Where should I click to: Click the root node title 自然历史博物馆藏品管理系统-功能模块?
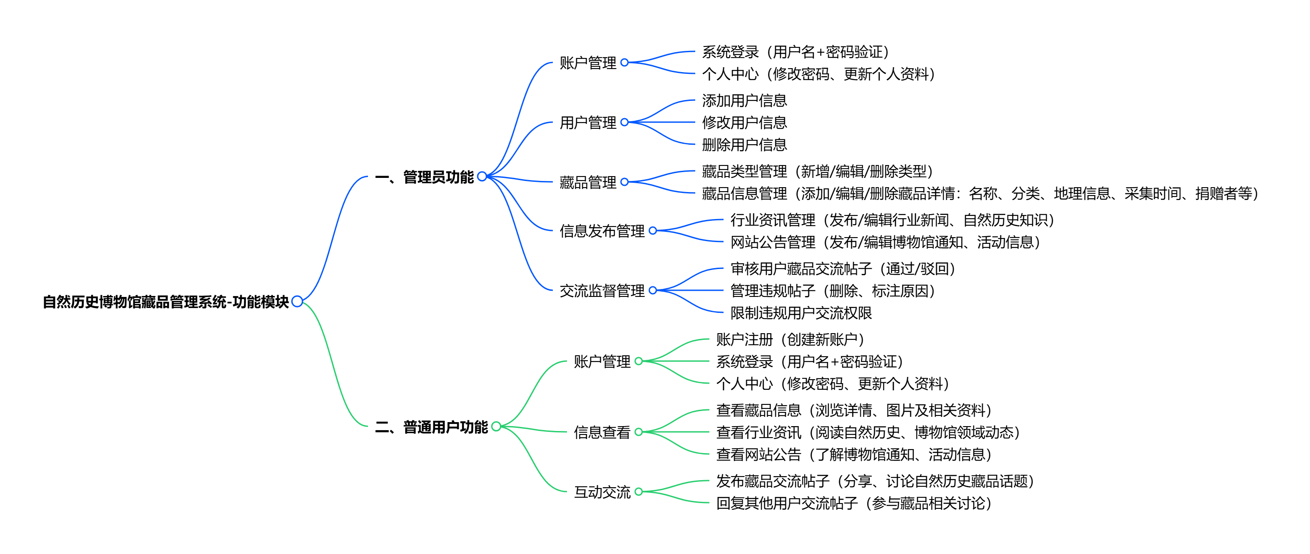coord(165,302)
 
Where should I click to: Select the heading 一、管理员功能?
coord(424,177)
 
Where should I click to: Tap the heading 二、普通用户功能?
coord(431,427)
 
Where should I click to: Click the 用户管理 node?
coord(588,123)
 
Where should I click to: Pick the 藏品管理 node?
coord(588,182)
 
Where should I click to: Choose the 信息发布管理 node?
coord(602,231)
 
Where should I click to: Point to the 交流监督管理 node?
coord(602,290)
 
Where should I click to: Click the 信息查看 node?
coord(602,432)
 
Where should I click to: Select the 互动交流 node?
coord(602,492)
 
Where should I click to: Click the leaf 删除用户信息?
coord(744,145)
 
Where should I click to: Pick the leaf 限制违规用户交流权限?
coord(801,313)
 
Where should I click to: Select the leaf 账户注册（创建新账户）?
coord(790,339)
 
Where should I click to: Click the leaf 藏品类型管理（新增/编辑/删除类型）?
coord(817,171)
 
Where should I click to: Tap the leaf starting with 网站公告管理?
coord(885,242)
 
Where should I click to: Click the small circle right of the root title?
coord(298,302)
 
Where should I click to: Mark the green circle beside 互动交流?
coord(639,492)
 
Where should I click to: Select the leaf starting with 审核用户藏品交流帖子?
coord(843,269)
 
